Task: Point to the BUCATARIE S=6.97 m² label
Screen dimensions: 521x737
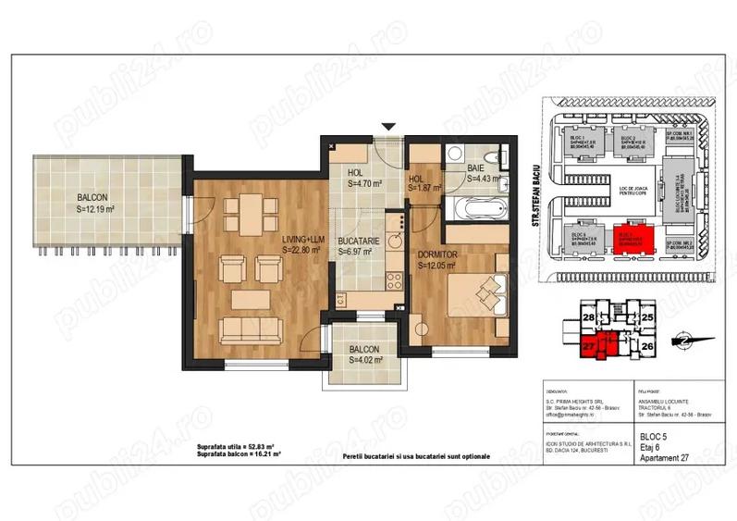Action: (x=354, y=244)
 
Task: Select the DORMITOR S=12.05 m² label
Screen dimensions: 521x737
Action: (x=441, y=259)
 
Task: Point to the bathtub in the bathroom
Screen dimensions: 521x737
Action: (x=473, y=205)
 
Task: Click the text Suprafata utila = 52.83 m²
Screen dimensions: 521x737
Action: (x=239, y=447)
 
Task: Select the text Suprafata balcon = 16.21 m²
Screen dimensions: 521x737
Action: (x=239, y=455)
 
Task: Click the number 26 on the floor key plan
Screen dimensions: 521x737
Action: (x=647, y=347)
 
